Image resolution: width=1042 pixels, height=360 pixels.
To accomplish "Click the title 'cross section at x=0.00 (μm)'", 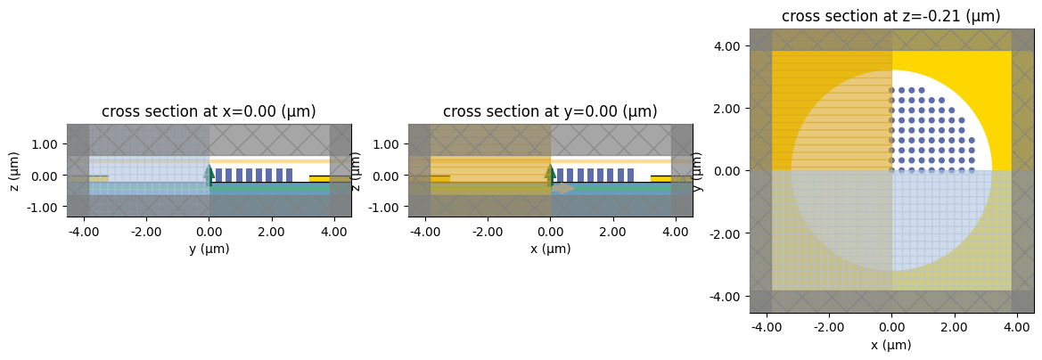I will click(x=209, y=111).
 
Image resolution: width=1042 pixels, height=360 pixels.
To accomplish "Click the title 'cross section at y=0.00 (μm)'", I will click(x=550, y=111).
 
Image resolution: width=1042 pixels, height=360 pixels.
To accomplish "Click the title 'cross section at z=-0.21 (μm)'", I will click(x=891, y=16).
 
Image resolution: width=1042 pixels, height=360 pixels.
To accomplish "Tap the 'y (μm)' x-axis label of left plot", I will click(x=209, y=249).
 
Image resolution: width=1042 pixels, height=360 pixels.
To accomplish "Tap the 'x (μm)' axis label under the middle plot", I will click(x=550, y=249).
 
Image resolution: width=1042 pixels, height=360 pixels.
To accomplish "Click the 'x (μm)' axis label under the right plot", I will click(x=891, y=345).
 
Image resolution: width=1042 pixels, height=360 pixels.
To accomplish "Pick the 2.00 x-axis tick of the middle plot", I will click(x=613, y=233).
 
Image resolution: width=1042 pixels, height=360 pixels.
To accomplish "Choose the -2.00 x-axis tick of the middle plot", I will click(x=488, y=233).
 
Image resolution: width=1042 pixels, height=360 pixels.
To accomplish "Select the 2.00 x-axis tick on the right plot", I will click(x=955, y=328).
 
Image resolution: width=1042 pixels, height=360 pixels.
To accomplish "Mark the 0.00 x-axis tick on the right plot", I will click(x=891, y=328).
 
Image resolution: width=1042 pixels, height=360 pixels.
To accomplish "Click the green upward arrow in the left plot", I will click(x=209, y=173).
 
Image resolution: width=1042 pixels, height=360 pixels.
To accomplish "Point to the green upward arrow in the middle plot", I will click(x=550, y=173).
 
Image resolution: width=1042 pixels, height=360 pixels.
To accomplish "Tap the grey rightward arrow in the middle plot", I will click(x=563, y=189).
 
